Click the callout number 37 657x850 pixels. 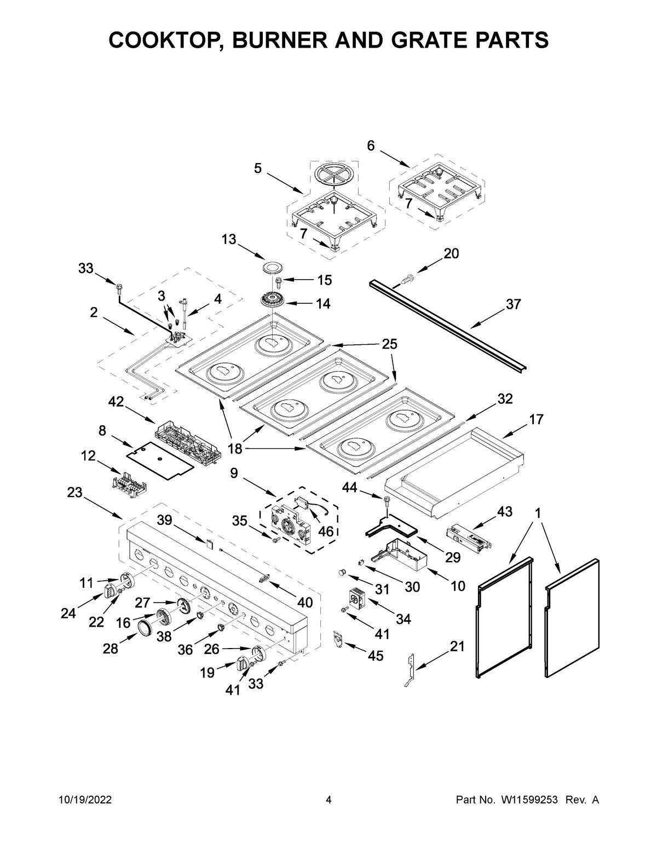click(x=513, y=304)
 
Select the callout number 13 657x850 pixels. click(x=229, y=239)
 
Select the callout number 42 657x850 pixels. click(x=116, y=402)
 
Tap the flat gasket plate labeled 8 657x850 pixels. click(x=159, y=456)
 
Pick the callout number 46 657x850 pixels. click(x=326, y=531)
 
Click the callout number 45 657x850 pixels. click(x=375, y=655)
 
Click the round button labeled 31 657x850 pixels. click(x=342, y=573)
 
